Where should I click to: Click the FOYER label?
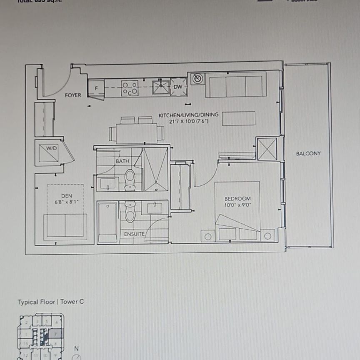73,95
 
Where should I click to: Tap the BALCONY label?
308,153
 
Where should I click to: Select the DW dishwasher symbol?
178,87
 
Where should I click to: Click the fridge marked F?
96,88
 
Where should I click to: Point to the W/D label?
51,147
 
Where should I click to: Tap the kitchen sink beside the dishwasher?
160,87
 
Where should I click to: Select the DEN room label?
67,195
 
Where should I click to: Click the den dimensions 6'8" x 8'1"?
67,201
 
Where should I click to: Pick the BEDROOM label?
237,199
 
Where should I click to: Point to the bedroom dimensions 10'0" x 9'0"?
237,205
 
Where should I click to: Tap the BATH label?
122,161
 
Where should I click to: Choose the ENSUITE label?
134,234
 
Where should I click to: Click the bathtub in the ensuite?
107,222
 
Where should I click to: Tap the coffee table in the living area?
238,118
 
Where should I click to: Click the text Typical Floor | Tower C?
50,302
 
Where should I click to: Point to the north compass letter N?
76,348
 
